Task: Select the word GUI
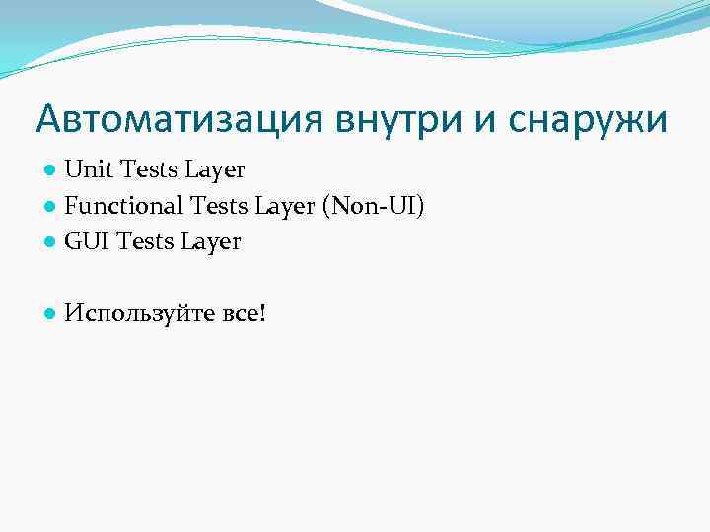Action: coord(87,241)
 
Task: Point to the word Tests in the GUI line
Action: coord(144,241)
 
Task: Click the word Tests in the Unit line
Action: coord(146,169)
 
